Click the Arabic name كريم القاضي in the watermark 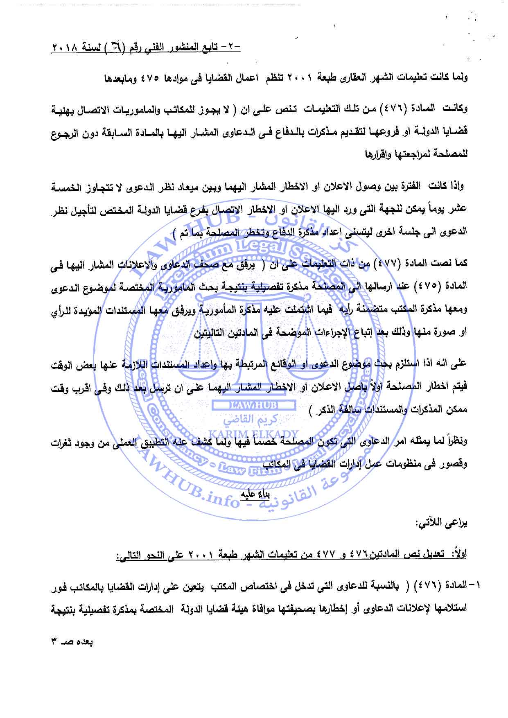point(254,420)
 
